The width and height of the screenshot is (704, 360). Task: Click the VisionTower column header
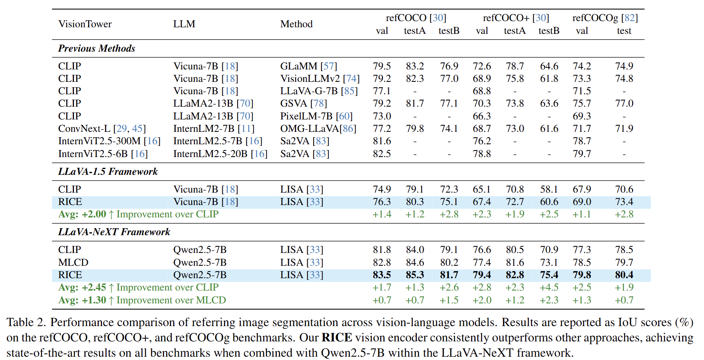pyautogui.click(x=85, y=24)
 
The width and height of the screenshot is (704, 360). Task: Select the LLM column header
pyautogui.click(x=184, y=24)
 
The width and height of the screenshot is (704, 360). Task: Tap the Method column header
pyautogui.click(x=296, y=24)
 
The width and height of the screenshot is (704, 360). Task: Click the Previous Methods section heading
pyautogui.click(x=97, y=48)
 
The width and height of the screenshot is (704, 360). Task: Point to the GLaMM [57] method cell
pyautogui.click(x=309, y=66)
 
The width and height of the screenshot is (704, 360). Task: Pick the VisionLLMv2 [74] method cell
pyautogui.click(x=320, y=79)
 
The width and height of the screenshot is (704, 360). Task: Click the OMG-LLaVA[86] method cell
pyautogui.click(x=318, y=129)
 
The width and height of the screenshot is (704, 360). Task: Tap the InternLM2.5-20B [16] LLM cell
pyautogui.click(x=220, y=154)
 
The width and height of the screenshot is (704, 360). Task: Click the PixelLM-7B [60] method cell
pyautogui.click(x=316, y=116)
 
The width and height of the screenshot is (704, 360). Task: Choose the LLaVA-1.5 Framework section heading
pyautogui.click(x=108, y=172)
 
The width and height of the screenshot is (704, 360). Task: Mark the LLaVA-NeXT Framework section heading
pyautogui.click(x=114, y=232)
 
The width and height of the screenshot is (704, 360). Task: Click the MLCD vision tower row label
pyautogui.click(x=73, y=262)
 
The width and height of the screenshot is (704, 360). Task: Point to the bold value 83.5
pyautogui.click(x=382, y=275)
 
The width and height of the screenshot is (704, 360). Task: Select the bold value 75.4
pyautogui.click(x=549, y=275)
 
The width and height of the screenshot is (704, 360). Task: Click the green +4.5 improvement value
pyautogui.click(x=549, y=287)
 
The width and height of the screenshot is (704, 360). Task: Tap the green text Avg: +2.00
pyautogui.click(x=82, y=214)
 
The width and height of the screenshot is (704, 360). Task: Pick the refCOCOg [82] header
pyautogui.click(x=605, y=18)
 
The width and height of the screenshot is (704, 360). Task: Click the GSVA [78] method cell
pyautogui.click(x=303, y=103)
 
